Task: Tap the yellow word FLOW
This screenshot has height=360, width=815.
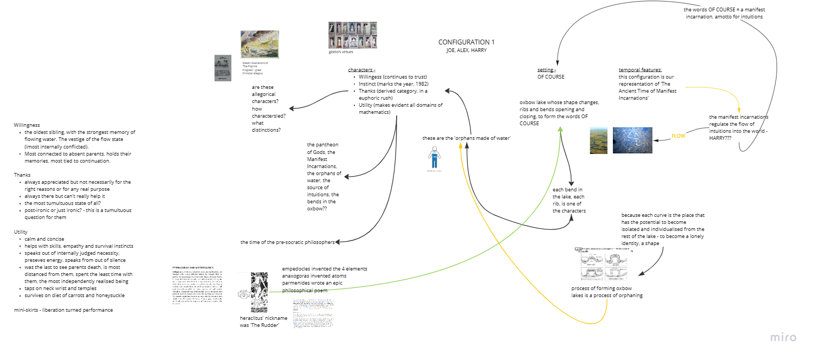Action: (x=678, y=136)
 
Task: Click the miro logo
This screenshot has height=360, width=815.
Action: (x=783, y=337)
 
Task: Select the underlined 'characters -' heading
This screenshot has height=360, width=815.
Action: (x=361, y=70)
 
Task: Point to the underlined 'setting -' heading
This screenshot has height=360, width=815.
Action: (x=546, y=70)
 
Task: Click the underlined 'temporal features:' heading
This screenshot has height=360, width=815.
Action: (x=640, y=70)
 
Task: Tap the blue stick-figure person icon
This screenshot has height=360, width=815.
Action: (x=434, y=159)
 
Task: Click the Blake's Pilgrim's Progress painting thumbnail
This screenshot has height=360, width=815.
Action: (x=260, y=44)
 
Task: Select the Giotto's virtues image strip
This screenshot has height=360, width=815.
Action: (x=352, y=35)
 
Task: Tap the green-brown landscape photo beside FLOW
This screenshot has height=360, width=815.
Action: (x=599, y=140)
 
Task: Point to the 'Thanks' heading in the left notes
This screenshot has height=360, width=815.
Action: (x=22, y=175)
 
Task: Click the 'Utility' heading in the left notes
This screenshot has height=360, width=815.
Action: (x=21, y=232)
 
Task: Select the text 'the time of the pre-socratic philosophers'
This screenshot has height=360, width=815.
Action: (x=287, y=242)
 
